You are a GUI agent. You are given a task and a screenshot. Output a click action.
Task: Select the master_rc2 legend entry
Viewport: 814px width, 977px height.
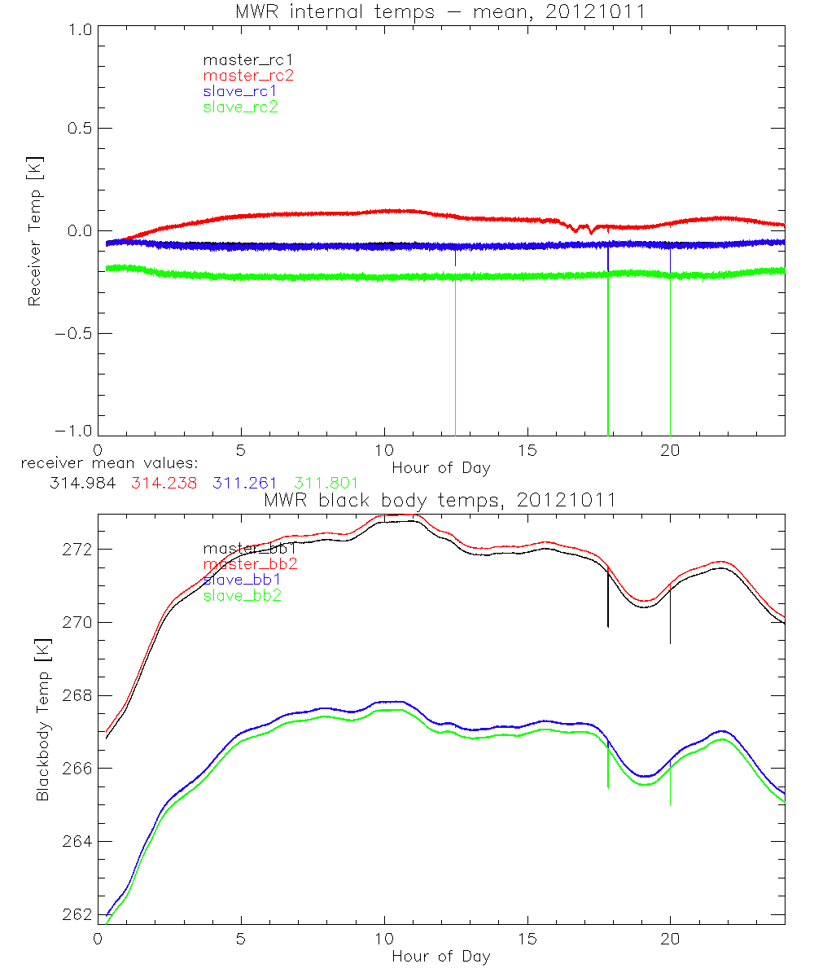[248, 75]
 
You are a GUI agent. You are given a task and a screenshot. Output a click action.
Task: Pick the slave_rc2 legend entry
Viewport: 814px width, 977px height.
[240, 107]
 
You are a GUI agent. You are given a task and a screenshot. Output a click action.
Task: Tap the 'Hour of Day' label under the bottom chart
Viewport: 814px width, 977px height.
[440, 956]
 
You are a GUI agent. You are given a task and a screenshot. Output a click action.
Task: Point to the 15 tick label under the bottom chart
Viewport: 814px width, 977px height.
[527, 939]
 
